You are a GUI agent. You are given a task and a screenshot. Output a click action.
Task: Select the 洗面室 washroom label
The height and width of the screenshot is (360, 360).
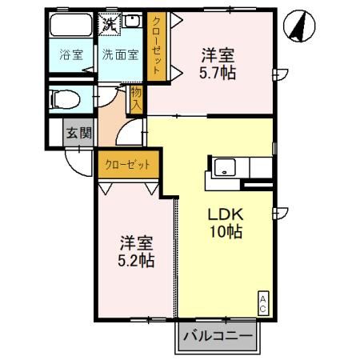[120, 55]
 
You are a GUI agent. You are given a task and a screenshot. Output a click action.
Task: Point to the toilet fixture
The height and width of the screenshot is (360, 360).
[64, 100]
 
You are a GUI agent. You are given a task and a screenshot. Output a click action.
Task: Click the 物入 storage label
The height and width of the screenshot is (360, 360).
[136, 98]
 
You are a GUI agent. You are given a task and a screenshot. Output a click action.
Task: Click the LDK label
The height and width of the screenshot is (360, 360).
[225, 215]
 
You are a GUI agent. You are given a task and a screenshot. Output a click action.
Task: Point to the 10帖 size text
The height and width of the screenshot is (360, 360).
[226, 233]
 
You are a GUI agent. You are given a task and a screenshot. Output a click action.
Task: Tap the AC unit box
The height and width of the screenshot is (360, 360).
[262, 302]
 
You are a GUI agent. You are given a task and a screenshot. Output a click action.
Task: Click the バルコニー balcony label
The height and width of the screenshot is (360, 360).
[217, 337]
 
